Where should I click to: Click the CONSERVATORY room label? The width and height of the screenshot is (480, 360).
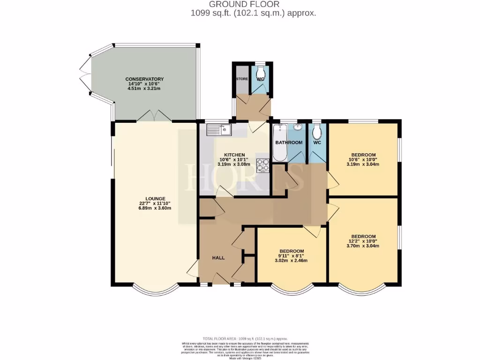(144, 79)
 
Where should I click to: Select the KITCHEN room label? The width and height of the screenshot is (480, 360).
(234, 155)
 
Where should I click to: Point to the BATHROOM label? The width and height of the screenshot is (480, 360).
(289, 142)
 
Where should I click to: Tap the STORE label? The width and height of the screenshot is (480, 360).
(242, 79)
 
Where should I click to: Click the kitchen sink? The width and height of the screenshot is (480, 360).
(219, 128)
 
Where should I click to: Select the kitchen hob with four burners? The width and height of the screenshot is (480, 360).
(262, 165)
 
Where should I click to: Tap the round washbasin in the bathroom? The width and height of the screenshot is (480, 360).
(298, 127)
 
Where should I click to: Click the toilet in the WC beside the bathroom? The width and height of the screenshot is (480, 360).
(317, 132)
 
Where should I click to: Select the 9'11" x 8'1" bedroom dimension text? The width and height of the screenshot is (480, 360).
(292, 255)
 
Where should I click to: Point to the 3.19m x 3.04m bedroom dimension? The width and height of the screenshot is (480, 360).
(363, 165)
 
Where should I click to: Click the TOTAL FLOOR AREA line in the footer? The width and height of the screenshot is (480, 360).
(245, 338)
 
